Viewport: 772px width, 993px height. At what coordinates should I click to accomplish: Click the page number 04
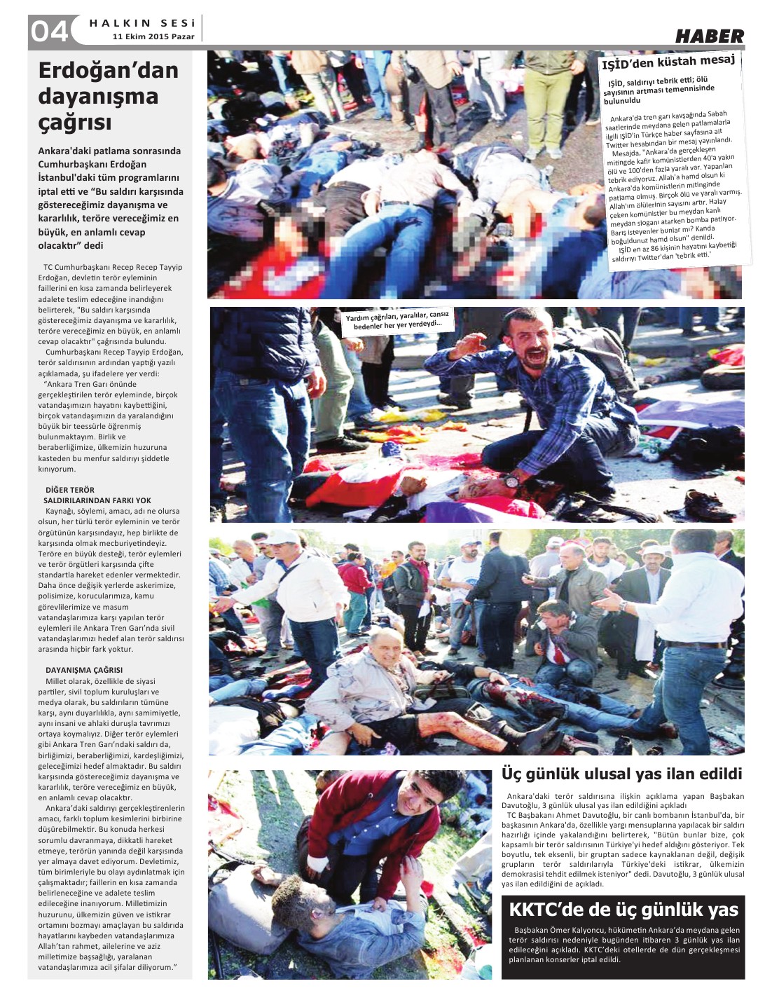click(x=49, y=31)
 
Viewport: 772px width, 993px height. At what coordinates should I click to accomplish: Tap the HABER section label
click(x=709, y=36)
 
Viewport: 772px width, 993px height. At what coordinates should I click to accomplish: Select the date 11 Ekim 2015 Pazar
click(x=153, y=36)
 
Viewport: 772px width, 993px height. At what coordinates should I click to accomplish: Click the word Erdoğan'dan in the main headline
click(x=108, y=70)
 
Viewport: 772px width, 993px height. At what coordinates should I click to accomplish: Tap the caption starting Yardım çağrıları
click(x=397, y=320)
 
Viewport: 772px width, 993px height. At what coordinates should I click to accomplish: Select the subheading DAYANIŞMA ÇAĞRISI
click(x=84, y=670)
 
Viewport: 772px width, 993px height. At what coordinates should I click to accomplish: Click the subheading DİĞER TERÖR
click(x=70, y=490)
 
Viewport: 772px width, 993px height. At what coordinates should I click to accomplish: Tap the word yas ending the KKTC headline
click(x=722, y=910)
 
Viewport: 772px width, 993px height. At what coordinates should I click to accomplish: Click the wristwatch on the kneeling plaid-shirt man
click(x=512, y=480)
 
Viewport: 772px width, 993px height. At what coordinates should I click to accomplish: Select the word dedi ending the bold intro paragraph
click(x=93, y=245)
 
